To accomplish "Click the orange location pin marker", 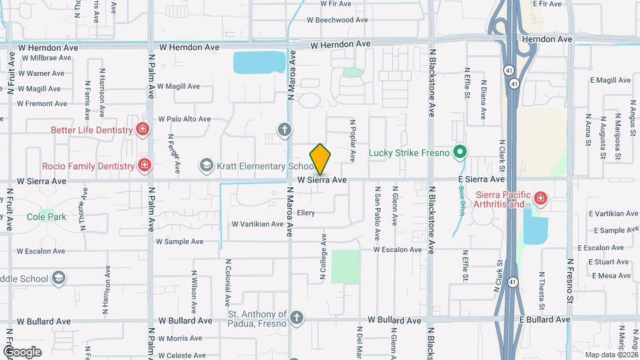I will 320,159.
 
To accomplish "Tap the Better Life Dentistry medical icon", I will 142,130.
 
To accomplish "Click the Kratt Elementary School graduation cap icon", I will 206,165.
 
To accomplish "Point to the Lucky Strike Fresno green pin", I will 459,153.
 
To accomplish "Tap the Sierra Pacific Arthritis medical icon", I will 539,197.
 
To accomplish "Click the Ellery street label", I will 306,213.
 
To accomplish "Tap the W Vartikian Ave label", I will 257,224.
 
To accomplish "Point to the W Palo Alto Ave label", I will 184,119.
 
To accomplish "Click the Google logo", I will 22,351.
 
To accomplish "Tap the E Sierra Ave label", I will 481,179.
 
